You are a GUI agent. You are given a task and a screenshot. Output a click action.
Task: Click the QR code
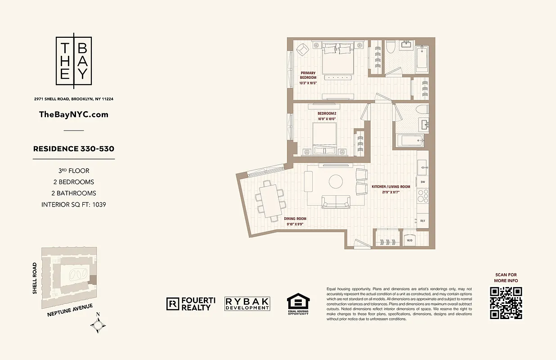pos(506,303)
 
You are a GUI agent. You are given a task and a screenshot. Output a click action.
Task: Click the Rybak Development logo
pos(247,304)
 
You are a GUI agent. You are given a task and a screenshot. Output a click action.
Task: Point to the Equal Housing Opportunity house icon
pos(298,302)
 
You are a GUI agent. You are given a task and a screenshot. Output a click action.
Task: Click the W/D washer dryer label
pos(410,240)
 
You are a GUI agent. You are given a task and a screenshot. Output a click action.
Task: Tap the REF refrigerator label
pos(423,221)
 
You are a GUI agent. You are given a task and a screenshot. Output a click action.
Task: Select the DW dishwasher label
pos(423,182)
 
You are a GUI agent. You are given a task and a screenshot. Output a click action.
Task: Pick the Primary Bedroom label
pos(309,75)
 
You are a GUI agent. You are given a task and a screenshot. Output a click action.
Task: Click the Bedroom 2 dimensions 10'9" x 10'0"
pos(327,119)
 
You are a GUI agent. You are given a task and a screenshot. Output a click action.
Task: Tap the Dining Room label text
pos(295,219)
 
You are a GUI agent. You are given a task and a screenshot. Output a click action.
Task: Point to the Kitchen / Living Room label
pos(390,187)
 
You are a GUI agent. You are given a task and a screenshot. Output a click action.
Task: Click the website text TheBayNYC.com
pos(74,114)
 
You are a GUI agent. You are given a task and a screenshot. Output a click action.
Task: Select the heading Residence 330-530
pos(74,148)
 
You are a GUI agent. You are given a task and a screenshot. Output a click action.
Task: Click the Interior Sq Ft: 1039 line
pos(74,204)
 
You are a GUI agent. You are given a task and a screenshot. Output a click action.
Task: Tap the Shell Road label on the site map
pos(35,278)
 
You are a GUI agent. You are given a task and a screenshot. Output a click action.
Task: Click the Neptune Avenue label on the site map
pos(70,311)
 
